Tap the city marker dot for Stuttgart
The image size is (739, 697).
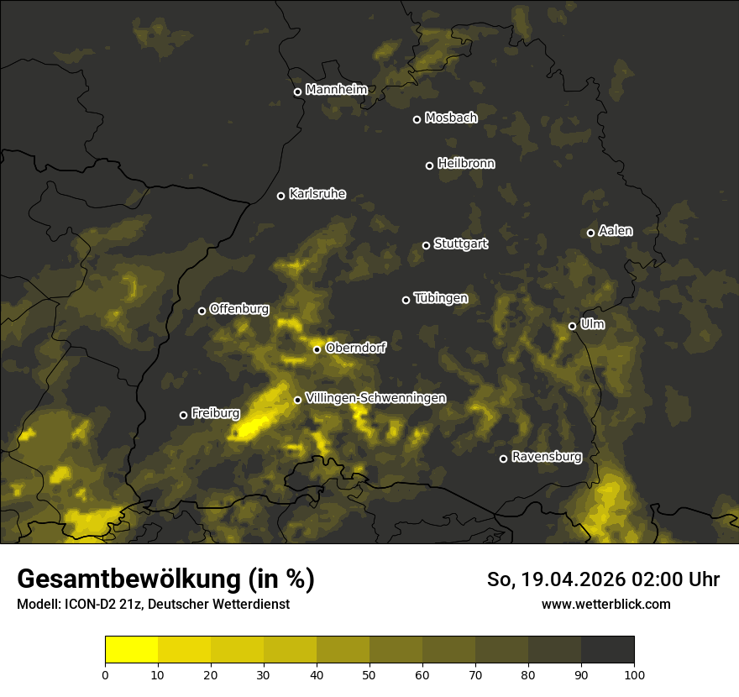tap(426, 245)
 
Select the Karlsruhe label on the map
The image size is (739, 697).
tap(317, 194)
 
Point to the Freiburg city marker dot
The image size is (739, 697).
tap(183, 415)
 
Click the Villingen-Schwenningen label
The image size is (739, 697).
tap(375, 398)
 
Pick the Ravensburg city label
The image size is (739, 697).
tap(546, 457)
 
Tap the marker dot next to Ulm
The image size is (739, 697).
tap(572, 326)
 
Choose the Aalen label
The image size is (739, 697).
tap(615, 231)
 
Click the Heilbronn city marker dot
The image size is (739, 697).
tap(429, 165)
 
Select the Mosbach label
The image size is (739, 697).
tap(450, 118)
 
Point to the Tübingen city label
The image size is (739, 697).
tap(440, 298)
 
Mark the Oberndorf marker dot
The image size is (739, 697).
tap(317, 349)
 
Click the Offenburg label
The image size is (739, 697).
tap(238, 309)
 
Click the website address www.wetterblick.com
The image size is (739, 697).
tap(605, 604)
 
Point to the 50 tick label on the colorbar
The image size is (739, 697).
tap(369, 673)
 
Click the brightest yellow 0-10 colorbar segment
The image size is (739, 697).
tap(132, 649)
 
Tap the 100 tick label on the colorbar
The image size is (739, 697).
tap(634, 673)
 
